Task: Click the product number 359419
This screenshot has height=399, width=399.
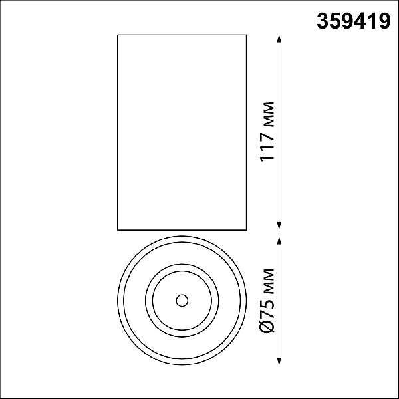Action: [x=354, y=21]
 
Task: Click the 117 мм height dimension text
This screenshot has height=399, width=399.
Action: [x=267, y=132]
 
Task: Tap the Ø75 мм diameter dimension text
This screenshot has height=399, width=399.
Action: [x=267, y=301]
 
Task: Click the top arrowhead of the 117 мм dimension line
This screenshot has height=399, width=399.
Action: [x=279, y=39]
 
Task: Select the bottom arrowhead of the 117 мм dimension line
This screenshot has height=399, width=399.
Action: [x=279, y=226]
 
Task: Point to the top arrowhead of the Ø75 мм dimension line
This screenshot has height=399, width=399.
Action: [x=279, y=241]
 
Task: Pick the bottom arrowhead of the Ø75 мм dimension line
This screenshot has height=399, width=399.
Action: [x=279, y=362]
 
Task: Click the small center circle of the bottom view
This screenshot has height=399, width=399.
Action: [x=182, y=301]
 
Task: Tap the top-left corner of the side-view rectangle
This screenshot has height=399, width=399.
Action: [x=118, y=35]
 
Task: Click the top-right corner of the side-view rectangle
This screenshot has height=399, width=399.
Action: [x=246, y=35]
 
